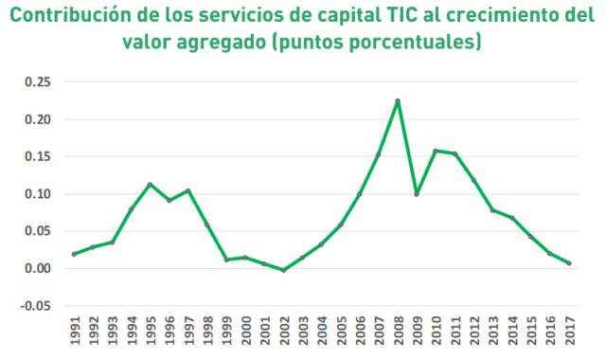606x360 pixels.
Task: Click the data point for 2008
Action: (398, 101)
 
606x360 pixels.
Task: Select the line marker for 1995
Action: (150, 185)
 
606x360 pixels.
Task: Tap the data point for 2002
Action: (283, 270)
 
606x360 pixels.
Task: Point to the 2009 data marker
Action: (417, 194)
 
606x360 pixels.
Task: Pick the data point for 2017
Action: (569, 263)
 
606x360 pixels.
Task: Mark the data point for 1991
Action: (74, 254)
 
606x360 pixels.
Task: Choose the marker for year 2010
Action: (436, 151)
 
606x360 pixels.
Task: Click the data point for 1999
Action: (226, 260)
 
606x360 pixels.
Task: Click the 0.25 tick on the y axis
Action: (38, 82)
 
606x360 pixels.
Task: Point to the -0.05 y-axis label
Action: (36, 306)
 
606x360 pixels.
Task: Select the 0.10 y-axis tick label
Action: (38, 193)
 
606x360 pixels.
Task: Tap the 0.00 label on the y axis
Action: (38, 268)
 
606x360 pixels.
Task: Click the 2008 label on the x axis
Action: (398, 331)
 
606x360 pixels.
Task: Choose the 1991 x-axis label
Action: (75, 331)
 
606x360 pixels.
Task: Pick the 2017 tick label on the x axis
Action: (570, 331)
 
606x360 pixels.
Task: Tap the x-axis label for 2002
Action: (284, 331)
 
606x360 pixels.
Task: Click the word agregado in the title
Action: (222, 43)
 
